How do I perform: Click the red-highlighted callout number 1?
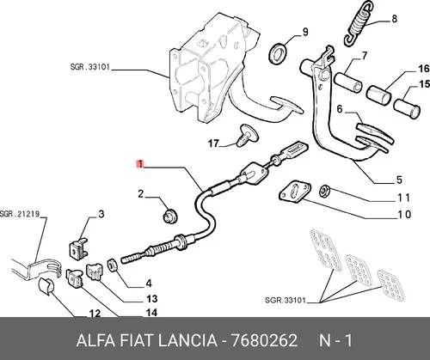point(140,164)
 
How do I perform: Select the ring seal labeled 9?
point(277,53)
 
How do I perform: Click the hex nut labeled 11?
point(325,191)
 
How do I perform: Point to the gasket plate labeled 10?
point(295,192)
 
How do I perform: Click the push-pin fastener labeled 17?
point(247,135)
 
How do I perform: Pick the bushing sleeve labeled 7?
point(348,82)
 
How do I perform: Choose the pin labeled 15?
point(407,107)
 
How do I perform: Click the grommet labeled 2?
point(170,216)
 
